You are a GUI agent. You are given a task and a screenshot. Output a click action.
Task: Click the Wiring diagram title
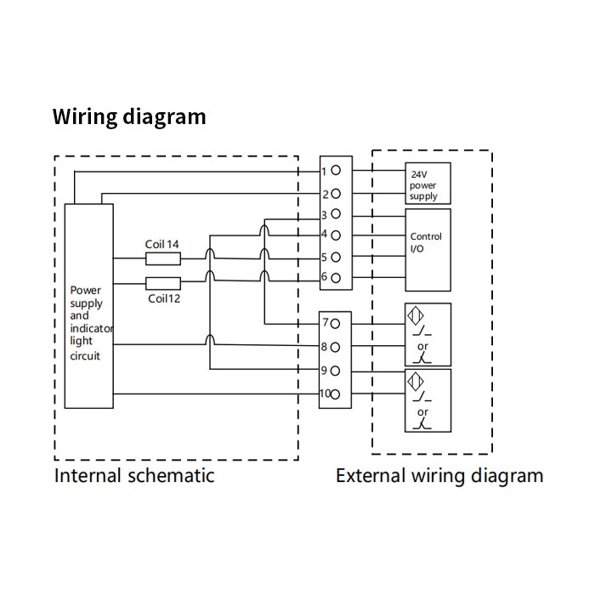[x=129, y=117]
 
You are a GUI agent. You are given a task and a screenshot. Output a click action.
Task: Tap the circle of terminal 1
[x=336, y=170]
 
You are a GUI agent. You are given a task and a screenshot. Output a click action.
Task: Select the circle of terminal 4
[x=336, y=235]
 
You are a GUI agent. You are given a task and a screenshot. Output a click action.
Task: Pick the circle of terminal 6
[x=336, y=278]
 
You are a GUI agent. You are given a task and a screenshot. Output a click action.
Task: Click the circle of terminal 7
[x=335, y=324]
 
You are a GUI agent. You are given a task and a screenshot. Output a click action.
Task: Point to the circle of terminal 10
[x=335, y=394]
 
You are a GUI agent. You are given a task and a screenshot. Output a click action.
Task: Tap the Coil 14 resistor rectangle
[x=163, y=258]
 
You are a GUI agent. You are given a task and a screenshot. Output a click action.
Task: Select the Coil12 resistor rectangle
[x=163, y=283]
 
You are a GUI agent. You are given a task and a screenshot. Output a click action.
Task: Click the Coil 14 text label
[x=161, y=245]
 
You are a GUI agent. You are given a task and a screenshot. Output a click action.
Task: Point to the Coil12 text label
[x=164, y=298]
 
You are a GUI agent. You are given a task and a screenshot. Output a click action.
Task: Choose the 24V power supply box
[x=428, y=184]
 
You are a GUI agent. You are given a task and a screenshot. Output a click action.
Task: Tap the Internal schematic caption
[x=134, y=476]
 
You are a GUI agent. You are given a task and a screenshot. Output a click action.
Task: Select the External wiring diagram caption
[x=439, y=476]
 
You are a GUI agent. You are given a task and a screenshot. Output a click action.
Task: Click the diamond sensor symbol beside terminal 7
[x=416, y=315]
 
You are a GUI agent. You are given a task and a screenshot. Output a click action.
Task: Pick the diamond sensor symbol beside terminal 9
[x=416, y=381]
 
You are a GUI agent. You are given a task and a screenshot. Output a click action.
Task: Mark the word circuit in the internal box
[x=85, y=356]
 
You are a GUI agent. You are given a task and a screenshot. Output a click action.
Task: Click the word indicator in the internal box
[x=92, y=328]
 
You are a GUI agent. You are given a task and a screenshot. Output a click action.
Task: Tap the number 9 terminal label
[x=324, y=370]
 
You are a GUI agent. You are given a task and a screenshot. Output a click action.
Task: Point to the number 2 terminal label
[x=326, y=195]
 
